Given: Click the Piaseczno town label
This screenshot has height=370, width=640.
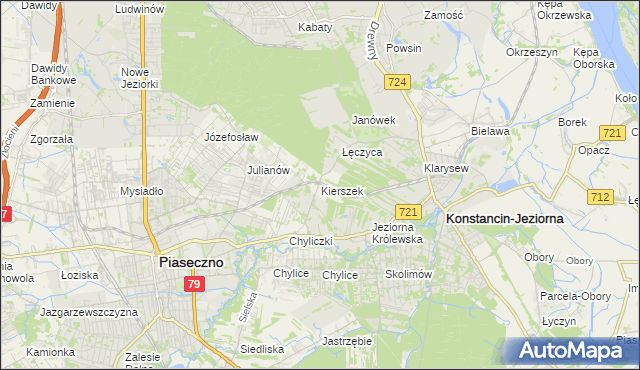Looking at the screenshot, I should [x=192, y=261].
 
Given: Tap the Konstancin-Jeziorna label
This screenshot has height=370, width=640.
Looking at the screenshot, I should [x=505, y=217].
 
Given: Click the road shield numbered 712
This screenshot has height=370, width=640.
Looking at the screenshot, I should [x=600, y=197].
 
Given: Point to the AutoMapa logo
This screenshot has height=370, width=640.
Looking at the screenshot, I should [x=569, y=351].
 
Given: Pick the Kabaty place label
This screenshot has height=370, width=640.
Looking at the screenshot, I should [x=314, y=27].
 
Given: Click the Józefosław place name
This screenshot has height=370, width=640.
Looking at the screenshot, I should [x=231, y=137].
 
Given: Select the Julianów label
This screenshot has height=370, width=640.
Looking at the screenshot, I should [x=268, y=170].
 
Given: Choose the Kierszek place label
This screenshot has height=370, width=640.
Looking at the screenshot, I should [x=341, y=190].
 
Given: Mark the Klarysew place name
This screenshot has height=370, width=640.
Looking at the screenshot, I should [x=446, y=169].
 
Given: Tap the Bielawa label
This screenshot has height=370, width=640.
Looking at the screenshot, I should [x=491, y=131].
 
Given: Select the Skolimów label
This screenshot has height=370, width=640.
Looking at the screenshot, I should [x=407, y=274].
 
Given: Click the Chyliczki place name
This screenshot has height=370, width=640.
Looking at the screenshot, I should [x=310, y=241].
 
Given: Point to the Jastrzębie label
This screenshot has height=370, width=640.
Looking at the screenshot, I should [x=348, y=341].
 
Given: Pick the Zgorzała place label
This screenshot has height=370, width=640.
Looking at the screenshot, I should [x=51, y=139].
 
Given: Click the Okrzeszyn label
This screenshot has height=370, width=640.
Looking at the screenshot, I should [x=530, y=51].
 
